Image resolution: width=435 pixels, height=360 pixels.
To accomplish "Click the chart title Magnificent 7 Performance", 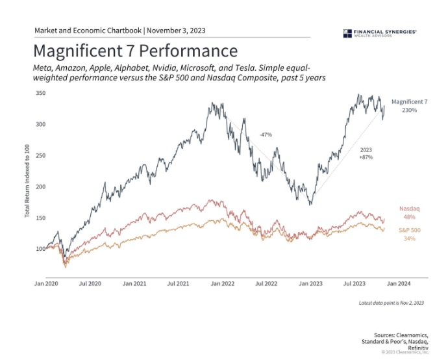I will (x=135, y=51).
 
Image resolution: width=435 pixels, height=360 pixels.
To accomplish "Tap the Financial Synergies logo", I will (x=379, y=33).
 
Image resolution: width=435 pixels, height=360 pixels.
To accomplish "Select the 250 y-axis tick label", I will (x=40, y=155).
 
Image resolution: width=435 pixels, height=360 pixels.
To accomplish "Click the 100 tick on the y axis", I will (x=40, y=248).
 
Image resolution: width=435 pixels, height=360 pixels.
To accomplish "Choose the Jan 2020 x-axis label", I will (x=47, y=284).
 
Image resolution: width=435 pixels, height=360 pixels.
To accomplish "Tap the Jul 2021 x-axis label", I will (x=178, y=284).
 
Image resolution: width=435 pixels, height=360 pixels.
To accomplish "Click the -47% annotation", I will (x=265, y=135).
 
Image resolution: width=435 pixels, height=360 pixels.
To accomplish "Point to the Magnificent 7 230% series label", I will (x=409, y=107).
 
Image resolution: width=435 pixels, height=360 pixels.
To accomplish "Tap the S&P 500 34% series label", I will (x=409, y=235).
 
